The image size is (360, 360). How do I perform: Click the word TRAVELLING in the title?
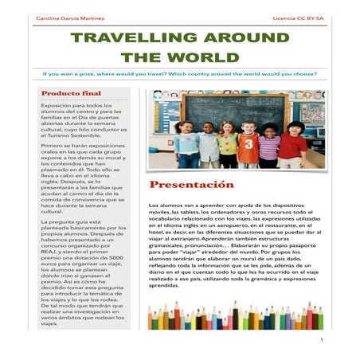point(127,38)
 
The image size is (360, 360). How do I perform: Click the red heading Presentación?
point(191,185)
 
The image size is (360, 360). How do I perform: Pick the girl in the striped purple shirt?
point(270,147)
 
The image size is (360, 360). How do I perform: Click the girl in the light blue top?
point(186,147)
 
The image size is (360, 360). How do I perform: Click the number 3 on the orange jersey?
point(248,147)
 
